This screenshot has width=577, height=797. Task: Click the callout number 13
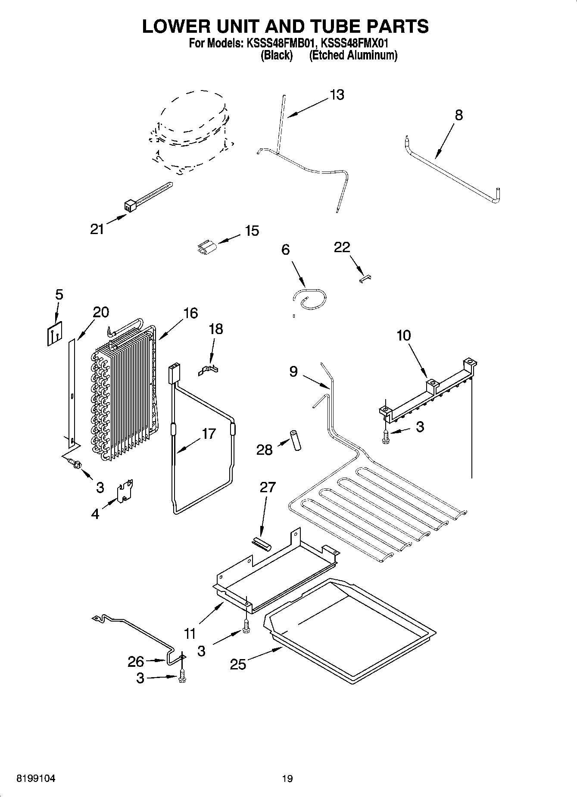[x=337, y=95]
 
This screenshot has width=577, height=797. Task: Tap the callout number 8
[x=458, y=115]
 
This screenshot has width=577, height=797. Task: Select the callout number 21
[x=97, y=229]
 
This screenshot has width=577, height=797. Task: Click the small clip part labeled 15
[x=206, y=248]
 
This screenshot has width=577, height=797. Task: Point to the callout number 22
[x=342, y=247]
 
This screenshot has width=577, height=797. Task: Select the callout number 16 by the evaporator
[x=190, y=313]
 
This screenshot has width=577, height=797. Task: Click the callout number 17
[x=209, y=433]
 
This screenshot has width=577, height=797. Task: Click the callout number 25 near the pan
[x=237, y=664]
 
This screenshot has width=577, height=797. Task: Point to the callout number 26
[x=136, y=662]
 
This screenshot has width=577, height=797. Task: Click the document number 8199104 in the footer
[x=36, y=778]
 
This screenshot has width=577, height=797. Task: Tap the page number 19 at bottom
[x=287, y=778]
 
